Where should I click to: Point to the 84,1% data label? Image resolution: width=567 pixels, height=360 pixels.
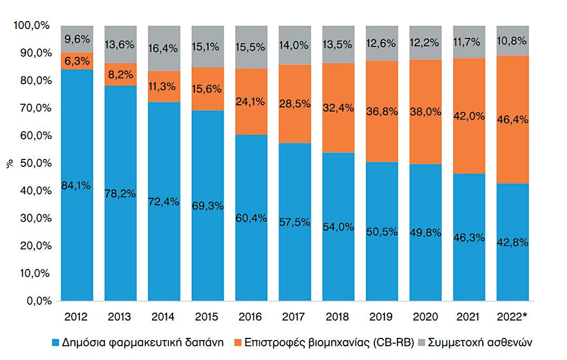tap(77, 185)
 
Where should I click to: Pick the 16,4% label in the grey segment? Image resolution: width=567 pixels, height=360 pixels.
tap(164, 48)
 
